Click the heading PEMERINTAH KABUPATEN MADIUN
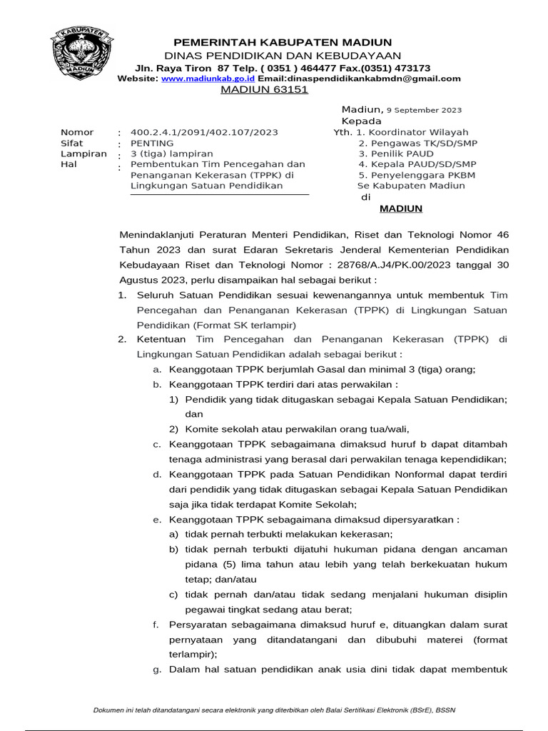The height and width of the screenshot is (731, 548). coord(283,41)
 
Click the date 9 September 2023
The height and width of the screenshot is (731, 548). coord(424,111)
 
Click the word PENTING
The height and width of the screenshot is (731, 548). coord(152,143)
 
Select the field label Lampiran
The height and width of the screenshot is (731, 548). coord(79,153)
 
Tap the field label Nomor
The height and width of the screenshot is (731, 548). coord(77,132)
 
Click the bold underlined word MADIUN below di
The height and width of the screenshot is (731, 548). coord(400,208)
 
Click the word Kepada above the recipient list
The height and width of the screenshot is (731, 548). coord(362,121)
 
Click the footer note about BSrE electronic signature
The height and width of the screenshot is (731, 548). coord(274,710)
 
